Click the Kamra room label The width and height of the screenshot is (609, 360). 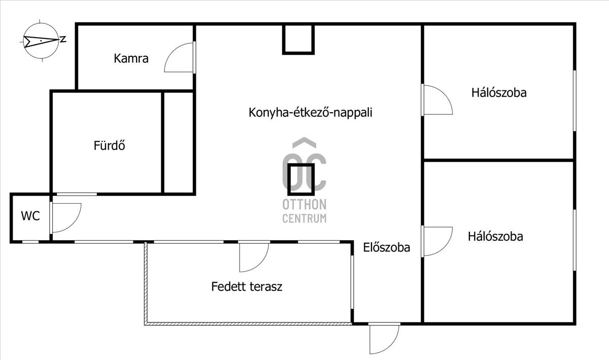131,58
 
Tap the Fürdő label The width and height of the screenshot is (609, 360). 109,145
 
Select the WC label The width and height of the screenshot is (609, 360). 30,216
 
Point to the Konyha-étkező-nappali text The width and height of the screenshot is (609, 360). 310,113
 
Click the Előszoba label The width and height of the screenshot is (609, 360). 386,247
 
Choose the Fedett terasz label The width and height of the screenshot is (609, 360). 247,286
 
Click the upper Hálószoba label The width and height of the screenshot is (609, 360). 499,93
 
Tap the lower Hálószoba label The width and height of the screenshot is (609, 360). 495,237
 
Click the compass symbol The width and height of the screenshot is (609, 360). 41,41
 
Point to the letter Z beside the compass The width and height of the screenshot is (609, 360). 63,40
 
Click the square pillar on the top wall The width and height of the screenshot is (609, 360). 298,39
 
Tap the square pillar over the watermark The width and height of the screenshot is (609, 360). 301,180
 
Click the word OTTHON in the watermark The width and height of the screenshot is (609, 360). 304,205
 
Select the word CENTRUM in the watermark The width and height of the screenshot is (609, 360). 304,218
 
